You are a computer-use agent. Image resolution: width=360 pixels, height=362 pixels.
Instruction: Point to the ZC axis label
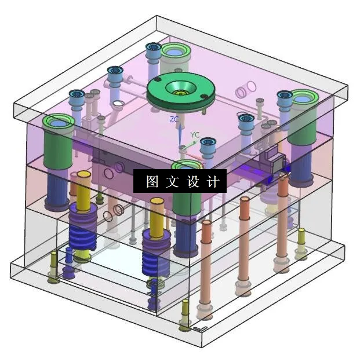click(174, 119)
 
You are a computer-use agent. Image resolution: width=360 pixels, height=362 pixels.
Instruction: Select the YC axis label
click(195, 135)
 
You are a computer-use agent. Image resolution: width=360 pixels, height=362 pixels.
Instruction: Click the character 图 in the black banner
click(152, 182)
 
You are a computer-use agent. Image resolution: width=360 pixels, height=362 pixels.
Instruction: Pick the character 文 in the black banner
click(173, 182)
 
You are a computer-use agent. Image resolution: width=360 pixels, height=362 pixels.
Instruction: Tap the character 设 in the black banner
click(193, 182)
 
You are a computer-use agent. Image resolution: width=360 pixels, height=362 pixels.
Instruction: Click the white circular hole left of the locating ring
click(119, 104)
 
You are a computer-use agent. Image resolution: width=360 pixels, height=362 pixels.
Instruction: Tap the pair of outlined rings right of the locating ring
click(246, 89)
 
